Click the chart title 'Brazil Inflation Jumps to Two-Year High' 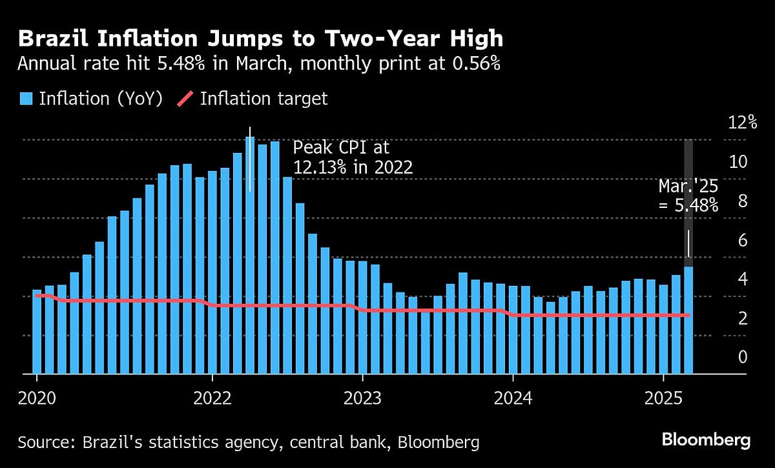point(260,39)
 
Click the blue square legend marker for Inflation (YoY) point(26,99)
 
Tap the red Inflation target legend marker point(185,99)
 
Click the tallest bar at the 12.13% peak point(250,258)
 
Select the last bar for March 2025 point(688,323)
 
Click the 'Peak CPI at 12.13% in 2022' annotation point(353,158)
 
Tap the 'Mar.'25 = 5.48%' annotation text point(688,196)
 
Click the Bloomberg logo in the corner point(706,441)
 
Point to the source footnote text point(249,442)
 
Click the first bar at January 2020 point(37,332)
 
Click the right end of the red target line point(688,315)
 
